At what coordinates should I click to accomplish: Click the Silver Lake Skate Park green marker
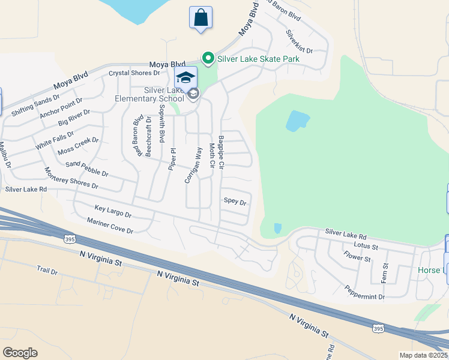click(208, 58)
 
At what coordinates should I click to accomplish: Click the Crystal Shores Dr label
click(134, 73)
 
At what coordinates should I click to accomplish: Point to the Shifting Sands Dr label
click(35, 104)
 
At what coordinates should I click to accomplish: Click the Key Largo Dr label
click(112, 211)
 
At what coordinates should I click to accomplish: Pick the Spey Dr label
click(235, 202)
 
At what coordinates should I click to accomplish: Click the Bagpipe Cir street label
click(221, 151)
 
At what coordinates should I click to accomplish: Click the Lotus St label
click(366, 246)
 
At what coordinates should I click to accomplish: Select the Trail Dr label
click(46, 271)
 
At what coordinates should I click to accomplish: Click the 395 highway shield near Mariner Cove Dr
click(70, 239)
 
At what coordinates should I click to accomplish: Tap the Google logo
click(20, 352)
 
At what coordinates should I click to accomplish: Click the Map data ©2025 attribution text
click(423, 355)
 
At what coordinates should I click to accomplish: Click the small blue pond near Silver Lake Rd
click(277, 228)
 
